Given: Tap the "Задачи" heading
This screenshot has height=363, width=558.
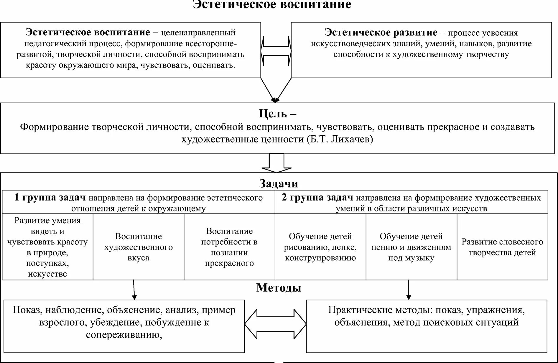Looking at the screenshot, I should coord(279,183).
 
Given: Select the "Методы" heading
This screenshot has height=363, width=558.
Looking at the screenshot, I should coord(279,288).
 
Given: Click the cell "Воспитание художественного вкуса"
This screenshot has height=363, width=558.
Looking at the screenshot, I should coord(138,247).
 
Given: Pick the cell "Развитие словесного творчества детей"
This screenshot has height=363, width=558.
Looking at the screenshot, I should coord(502,247).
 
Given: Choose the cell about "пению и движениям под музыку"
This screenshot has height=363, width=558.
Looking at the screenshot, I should coord(411,247).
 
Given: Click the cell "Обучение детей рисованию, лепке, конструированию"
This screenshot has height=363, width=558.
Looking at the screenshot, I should coord(320,247).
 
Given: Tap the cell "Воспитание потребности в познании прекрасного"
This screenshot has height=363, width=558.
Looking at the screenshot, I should coord(229,247).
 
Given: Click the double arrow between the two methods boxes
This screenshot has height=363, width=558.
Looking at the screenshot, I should coord(275,323).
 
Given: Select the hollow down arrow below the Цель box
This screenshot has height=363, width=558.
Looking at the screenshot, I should coord(276,163).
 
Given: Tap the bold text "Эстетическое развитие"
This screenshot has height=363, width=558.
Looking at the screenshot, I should coord(381,32).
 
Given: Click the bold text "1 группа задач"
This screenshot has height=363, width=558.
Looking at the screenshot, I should coord(50,198).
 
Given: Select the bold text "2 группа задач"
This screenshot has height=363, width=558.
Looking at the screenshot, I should coord(317,198).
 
